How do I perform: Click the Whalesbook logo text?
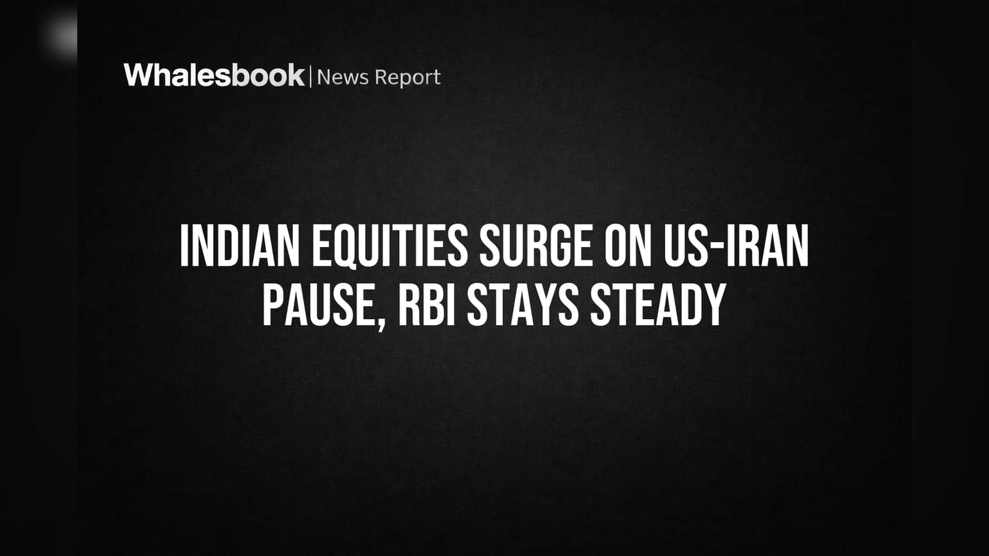pos(214,75)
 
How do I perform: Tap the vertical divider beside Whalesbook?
pos(311,77)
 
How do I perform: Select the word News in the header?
pos(343,77)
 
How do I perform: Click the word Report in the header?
pos(408,78)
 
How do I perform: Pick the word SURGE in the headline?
pos(536,246)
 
